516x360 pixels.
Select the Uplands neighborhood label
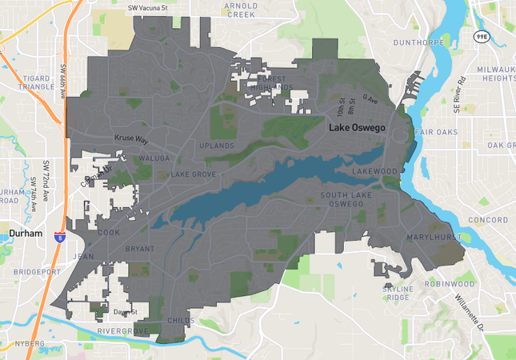[217, 146]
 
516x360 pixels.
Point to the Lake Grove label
[193, 174]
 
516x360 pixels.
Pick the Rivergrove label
[122, 330]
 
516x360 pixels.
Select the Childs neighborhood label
[181, 320]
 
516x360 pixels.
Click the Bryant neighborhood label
[139, 249]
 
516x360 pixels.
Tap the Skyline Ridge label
[398, 292]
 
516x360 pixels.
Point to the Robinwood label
[450, 283]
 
